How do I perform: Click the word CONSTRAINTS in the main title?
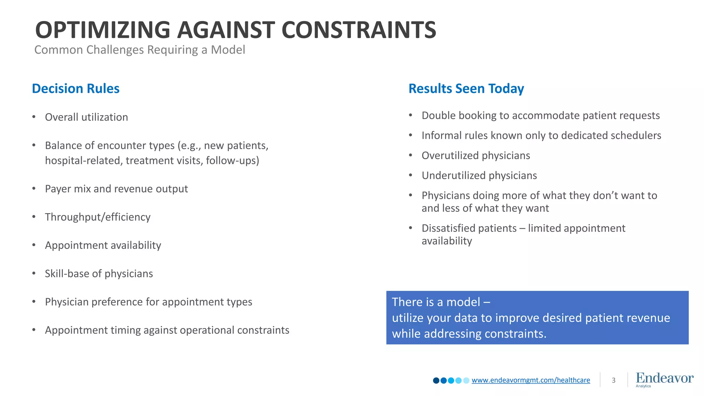pyautogui.click(x=359, y=30)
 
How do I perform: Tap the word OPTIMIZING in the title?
pyautogui.click(x=102, y=30)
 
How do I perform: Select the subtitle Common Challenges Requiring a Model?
pyautogui.click(x=140, y=50)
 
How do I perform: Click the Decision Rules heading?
pyautogui.click(x=76, y=89)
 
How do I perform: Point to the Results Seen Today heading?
pyautogui.click(x=466, y=89)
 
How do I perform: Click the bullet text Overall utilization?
pyautogui.click(x=86, y=117)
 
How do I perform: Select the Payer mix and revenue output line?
pyautogui.click(x=116, y=189)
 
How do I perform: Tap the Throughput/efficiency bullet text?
pyautogui.click(x=98, y=217)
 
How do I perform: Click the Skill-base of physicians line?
pyautogui.click(x=99, y=274)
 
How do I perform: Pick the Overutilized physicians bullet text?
pyautogui.click(x=476, y=155)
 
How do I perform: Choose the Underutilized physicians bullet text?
pyautogui.click(x=479, y=176)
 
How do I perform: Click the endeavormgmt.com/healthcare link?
pyautogui.click(x=531, y=380)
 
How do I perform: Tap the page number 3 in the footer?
pyautogui.click(x=614, y=380)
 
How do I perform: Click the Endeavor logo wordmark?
pyautogui.click(x=664, y=378)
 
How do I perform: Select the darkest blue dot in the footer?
pyautogui.click(x=436, y=381)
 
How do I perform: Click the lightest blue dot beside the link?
pyautogui.click(x=466, y=381)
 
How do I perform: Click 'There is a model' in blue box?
pyautogui.click(x=436, y=302)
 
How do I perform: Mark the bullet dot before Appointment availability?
pyautogui.click(x=34, y=245)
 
